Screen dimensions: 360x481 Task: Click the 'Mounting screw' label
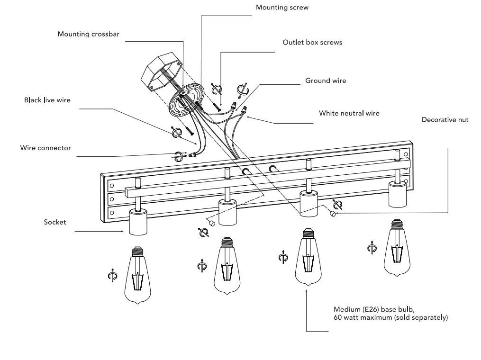pos(282,8)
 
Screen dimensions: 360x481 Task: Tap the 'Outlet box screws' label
pos(312,42)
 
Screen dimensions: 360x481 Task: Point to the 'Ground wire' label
pos(326,81)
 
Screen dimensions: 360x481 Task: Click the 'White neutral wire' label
pos(349,114)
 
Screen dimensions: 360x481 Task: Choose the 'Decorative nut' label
pos(445,120)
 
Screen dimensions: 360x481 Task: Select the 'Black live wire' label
pos(47,100)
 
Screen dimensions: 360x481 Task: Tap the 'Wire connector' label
pos(45,148)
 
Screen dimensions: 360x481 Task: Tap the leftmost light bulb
pos(137,275)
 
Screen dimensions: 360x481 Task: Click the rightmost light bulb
pos(397,248)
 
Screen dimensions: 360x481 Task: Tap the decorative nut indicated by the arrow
pos(333,214)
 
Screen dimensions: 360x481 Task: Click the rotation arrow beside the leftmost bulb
pos(112,276)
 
